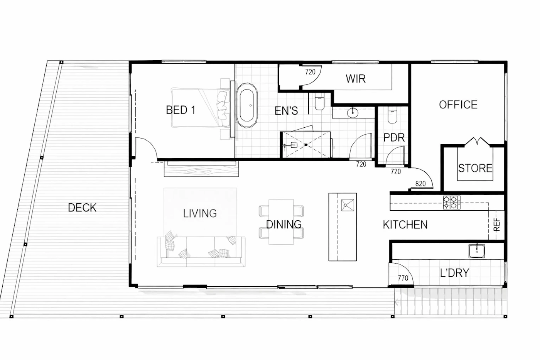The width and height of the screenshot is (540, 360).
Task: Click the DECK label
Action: pyautogui.click(x=82, y=208)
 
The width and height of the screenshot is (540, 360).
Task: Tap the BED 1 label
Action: pyautogui.click(x=181, y=110)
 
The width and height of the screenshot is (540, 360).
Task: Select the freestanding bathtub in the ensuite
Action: pyautogui.click(x=247, y=105)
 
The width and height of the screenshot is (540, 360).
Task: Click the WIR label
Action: pyautogui.click(x=356, y=79)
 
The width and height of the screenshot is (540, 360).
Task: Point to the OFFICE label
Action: pyautogui.click(x=458, y=105)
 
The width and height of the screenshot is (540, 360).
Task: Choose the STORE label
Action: pyautogui.click(x=475, y=168)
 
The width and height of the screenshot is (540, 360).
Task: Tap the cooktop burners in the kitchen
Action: pyautogui.click(x=452, y=202)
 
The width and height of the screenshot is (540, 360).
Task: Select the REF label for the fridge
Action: pyautogui.click(x=497, y=225)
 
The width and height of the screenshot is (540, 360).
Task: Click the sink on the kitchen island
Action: pyautogui.click(x=348, y=205)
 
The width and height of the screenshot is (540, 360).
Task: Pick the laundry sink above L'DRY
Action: pyautogui.click(x=477, y=251)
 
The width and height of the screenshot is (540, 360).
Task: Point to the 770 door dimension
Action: pyautogui.click(x=403, y=278)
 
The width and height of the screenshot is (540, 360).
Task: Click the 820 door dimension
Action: pyautogui.click(x=420, y=184)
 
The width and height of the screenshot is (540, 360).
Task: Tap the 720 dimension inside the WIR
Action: pyautogui.click(x=310, y=72)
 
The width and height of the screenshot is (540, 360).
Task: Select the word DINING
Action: pyautogui.click(x=284, y=225)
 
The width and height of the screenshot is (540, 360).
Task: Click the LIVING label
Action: pyautogui.click(x=200, y=213)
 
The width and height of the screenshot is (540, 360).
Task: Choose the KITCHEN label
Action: pyautogui.click(x=405, y=225)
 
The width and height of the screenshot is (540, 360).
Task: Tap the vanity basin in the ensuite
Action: pyautogui.click(x=353, y=113)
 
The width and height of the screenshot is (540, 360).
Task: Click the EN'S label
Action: pyautogui.click(x=286, y=111)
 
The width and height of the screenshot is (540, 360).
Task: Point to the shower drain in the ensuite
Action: pyautogui.click(x=306, y=145)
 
